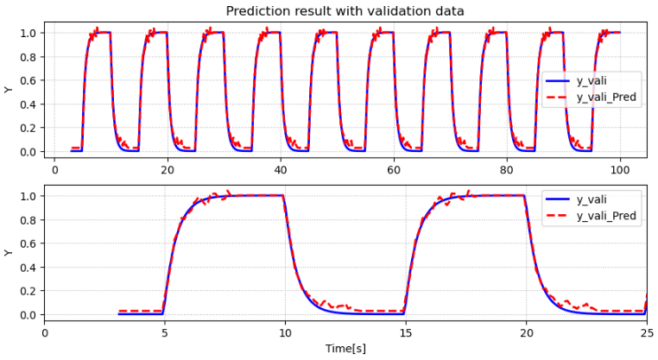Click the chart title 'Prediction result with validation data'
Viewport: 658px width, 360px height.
point(345,11)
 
